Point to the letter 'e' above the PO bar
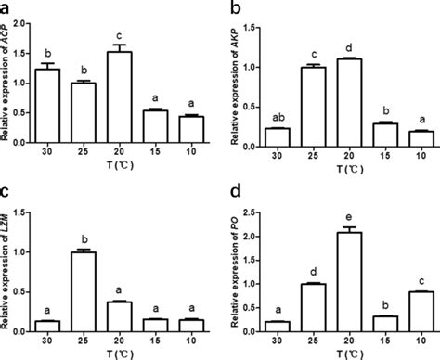pyautogui.click(x=342, y=218)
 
